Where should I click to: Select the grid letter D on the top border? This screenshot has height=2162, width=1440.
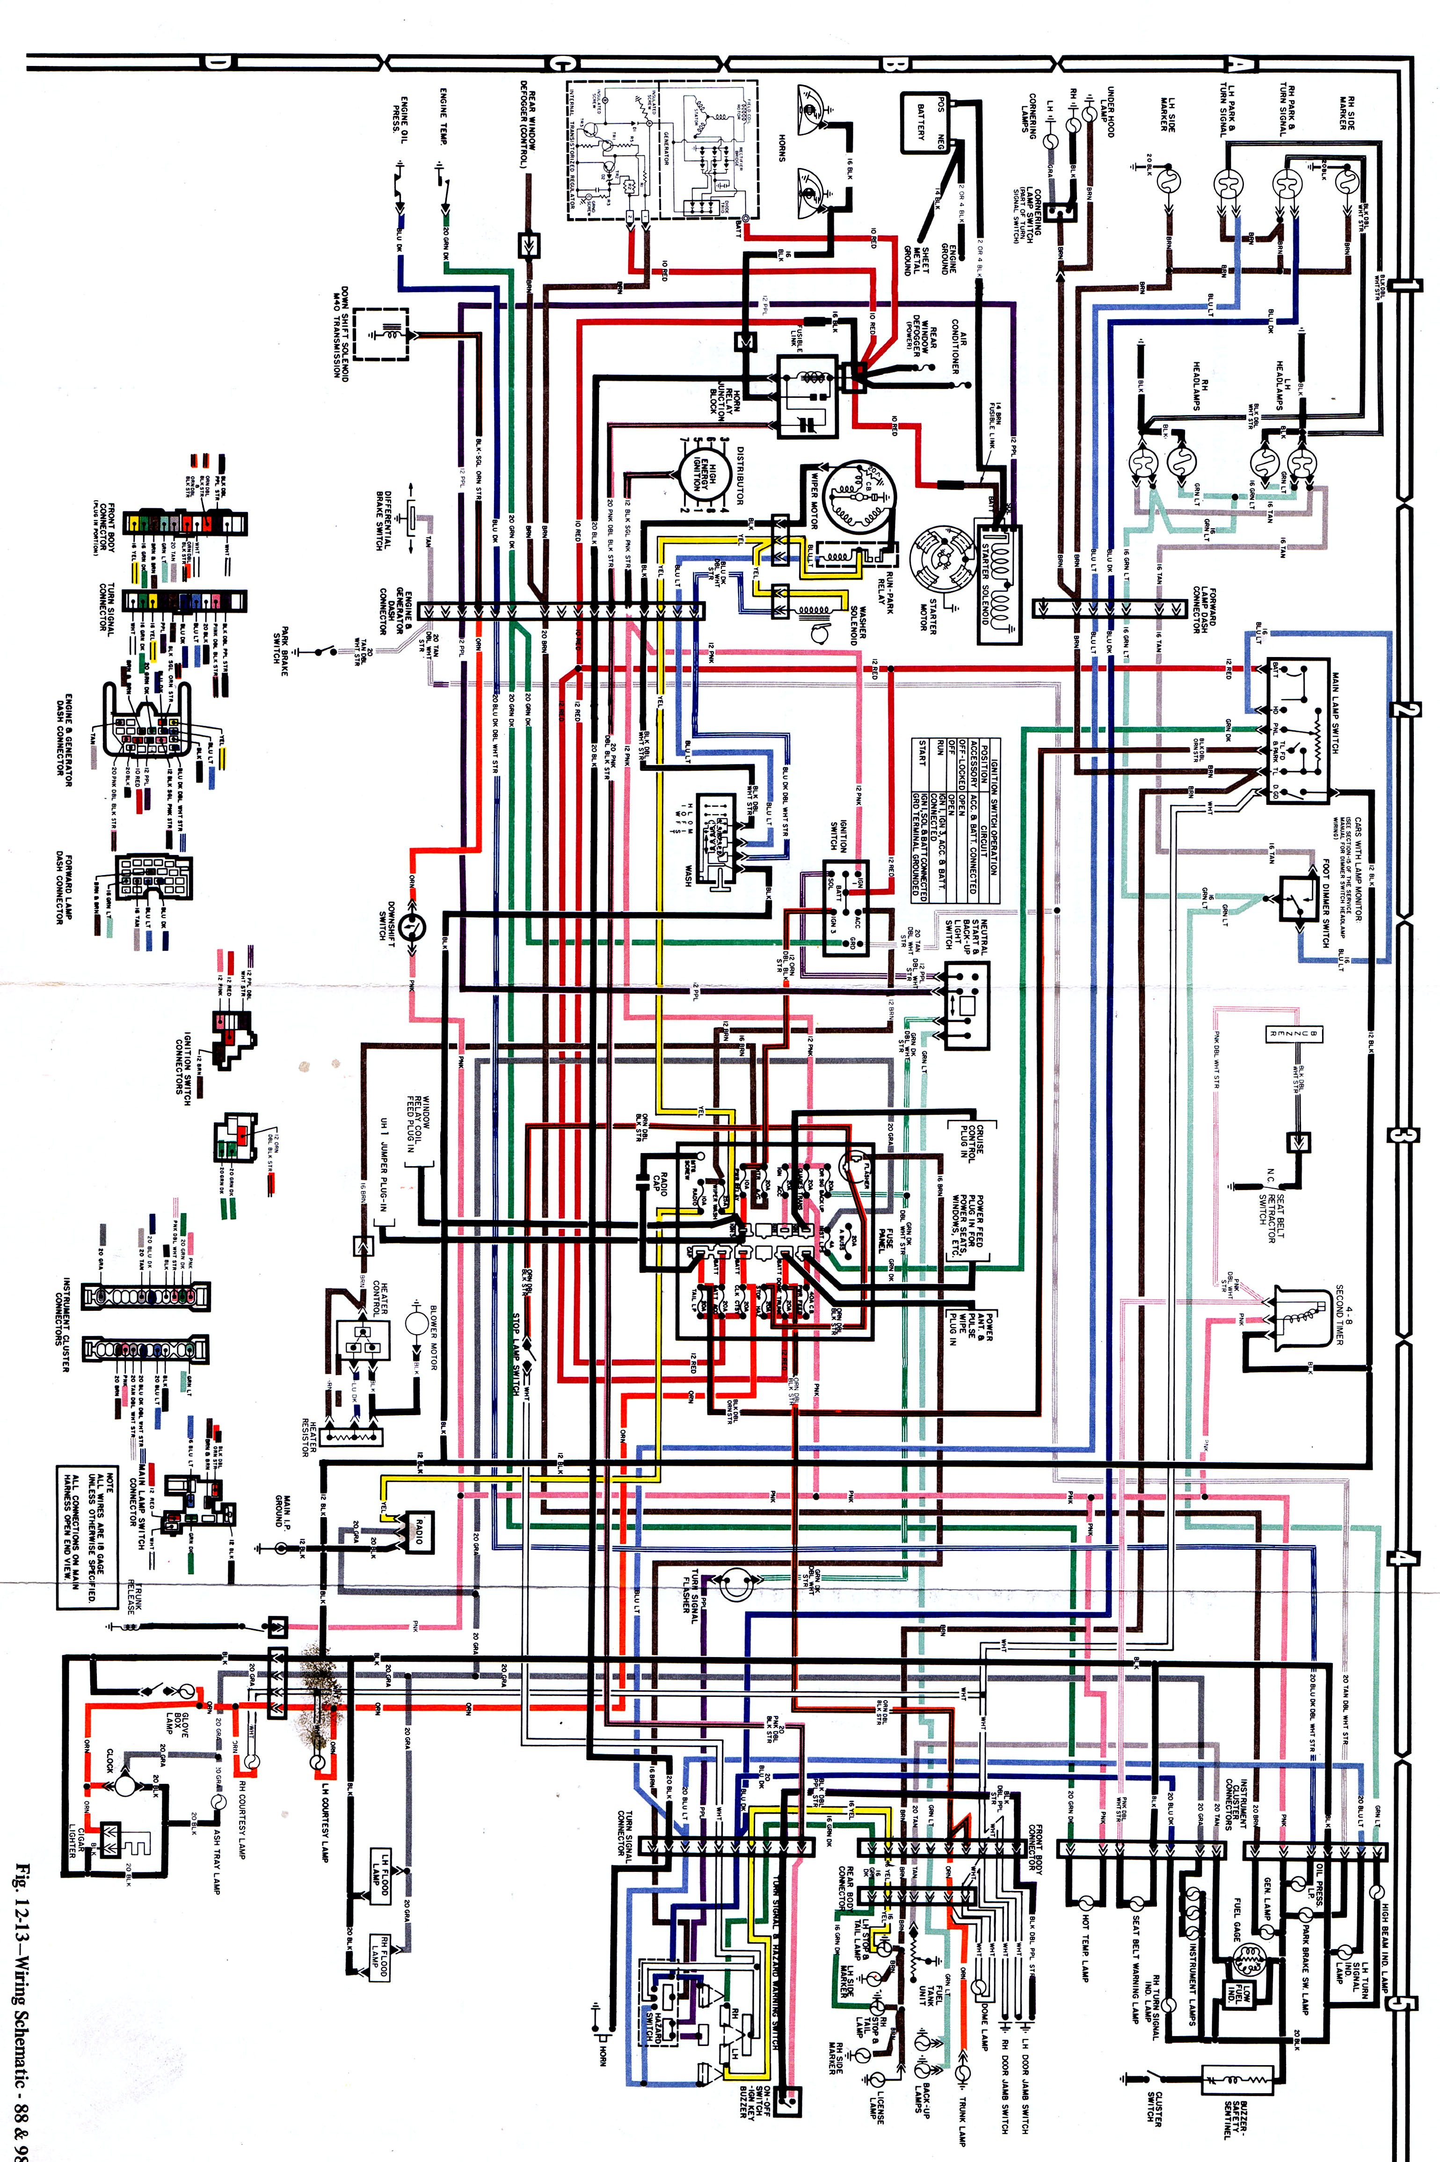[x=218, y=62]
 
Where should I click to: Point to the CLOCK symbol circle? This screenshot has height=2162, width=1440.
[x=124, y=1783]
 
